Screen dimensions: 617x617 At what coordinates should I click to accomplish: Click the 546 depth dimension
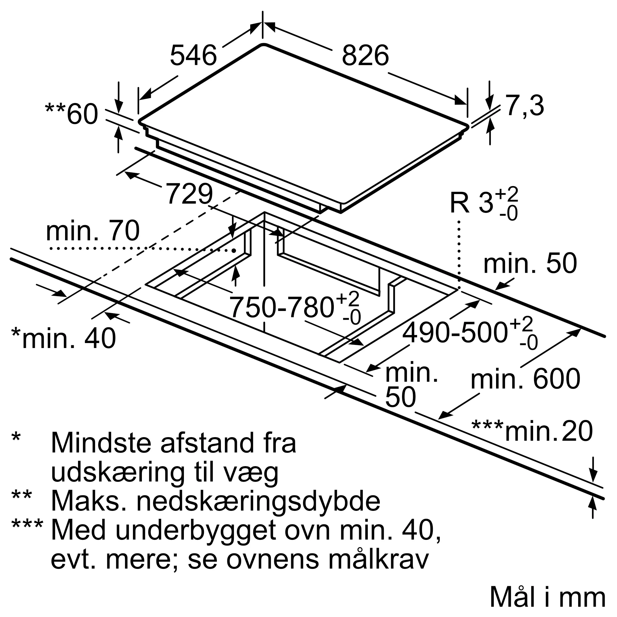point(193,56)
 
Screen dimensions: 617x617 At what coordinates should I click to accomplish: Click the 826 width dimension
point(365,56)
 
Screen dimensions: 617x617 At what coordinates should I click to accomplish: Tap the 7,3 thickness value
point(524,106)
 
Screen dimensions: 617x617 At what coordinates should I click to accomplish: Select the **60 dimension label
point(72,114)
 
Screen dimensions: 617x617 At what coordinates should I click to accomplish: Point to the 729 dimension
point(189,194)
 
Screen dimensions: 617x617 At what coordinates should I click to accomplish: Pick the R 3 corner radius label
point(484,203)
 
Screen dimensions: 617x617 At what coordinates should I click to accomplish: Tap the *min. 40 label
point(64,338)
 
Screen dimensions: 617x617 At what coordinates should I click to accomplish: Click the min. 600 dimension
point(525,379)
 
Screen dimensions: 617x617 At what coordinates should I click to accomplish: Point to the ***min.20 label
point(532,432)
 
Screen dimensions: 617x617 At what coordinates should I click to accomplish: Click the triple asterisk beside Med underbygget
point(27,526)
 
